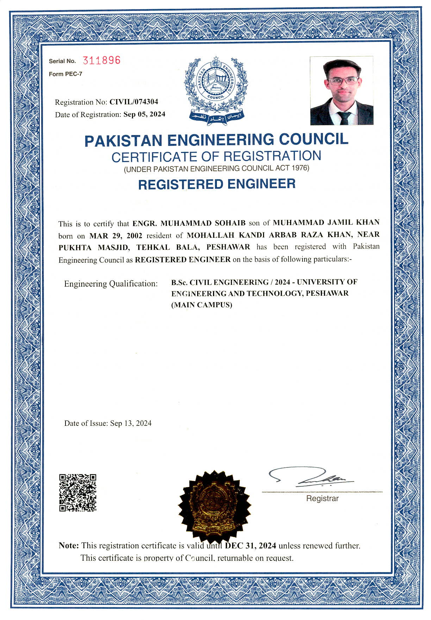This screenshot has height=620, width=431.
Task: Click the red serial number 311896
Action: coord(101,60)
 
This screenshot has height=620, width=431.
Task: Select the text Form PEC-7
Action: coord(65,74)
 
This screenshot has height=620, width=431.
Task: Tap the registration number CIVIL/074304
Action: coord(134,102)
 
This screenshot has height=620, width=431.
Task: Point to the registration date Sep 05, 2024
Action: coord(144,114)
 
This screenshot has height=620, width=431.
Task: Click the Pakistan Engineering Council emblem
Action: coord(216,90)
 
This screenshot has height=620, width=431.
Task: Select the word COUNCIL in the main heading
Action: coord(313,139)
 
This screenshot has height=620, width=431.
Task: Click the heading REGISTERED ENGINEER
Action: coord(217,184)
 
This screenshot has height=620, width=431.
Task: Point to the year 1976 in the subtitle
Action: coord(300,168)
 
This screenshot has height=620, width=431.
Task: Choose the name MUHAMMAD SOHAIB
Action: coord(203,223)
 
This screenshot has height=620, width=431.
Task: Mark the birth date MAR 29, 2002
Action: coord(116,235)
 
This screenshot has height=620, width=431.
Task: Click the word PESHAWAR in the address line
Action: coord(228,247)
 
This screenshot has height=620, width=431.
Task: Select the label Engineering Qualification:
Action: coord(111,283)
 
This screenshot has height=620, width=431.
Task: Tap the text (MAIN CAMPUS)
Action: coord(202,305)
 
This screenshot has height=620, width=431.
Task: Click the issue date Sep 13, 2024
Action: coord(131,423)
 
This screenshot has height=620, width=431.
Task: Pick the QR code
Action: coord(78,492)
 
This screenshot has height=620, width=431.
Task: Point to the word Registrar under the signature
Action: coord(322,498)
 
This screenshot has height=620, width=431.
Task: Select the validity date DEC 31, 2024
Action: coord(250,545)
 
